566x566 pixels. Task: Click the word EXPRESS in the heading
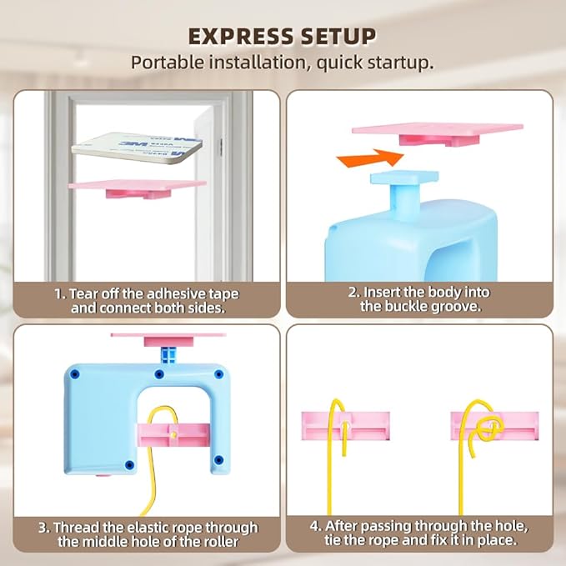tap(241, 37)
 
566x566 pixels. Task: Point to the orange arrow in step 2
tap(369, 158)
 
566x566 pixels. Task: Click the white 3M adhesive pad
tap(138, 148)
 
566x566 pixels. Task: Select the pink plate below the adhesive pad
tap(138, 188)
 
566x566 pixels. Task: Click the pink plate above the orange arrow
tap(438, 133)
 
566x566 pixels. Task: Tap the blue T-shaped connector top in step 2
tap(404, 178)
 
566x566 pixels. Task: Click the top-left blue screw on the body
tap(75, 374)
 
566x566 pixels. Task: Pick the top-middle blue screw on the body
tap(159, 374)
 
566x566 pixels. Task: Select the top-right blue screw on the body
tap(218, 374)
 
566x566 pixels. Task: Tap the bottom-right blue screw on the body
tap(218, 460)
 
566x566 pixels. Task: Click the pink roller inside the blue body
tap(173, 435)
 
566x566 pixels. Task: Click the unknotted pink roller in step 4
tap(345, 426)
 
